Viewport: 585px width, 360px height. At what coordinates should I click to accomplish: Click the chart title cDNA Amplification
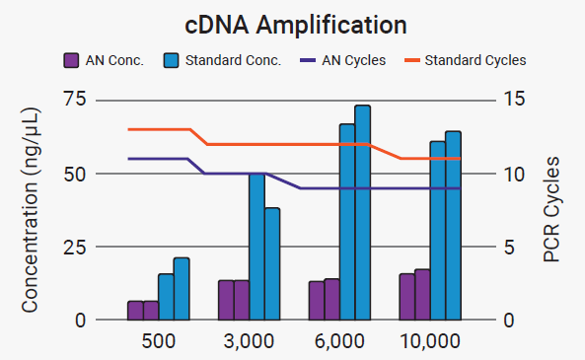[292, 23]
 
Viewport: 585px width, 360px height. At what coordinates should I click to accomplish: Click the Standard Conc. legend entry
[223, 60]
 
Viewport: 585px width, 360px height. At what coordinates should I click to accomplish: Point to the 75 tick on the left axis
[74, 100]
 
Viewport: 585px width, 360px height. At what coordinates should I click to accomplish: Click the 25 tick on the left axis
[74, 247]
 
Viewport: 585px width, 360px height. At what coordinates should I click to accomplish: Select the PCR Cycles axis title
[552, 209]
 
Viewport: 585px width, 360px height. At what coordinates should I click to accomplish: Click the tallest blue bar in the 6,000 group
[362, 212]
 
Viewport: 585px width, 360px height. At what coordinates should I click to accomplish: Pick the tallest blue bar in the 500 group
[182, 289]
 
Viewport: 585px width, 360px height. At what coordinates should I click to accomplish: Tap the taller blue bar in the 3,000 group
[256, 247]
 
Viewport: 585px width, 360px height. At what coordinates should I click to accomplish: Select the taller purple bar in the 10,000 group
[422, 295]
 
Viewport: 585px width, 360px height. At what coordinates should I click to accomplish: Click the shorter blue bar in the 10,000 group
[438, 231]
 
